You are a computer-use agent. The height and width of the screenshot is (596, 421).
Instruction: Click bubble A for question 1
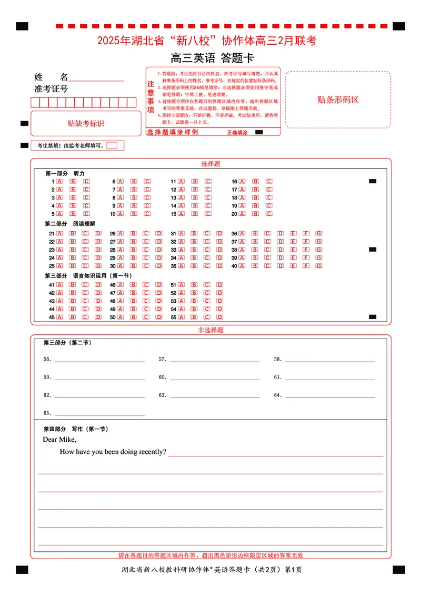point(59,181)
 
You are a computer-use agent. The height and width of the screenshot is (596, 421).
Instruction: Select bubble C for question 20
point(268,214)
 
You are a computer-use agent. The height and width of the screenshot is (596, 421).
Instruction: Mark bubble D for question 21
point(98,233)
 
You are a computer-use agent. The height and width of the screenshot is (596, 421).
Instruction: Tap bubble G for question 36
point(319,233)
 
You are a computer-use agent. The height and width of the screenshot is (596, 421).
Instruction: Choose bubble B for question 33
point(194,250)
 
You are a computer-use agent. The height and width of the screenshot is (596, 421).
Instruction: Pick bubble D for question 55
point(219,317)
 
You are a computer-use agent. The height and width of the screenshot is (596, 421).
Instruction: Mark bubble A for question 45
point(59,317)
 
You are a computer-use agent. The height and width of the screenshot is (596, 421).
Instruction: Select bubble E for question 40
point(293,266)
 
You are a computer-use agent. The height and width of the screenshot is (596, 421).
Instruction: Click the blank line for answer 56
point(99,361)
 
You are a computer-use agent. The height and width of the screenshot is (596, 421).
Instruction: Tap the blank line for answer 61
point(330,379)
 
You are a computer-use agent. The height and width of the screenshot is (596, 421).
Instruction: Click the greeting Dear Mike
point(59,440)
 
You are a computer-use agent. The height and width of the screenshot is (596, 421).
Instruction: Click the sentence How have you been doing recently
point(113,452)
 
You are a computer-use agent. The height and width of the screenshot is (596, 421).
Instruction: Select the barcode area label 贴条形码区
point(338,100)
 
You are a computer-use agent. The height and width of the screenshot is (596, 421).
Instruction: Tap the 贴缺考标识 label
point(86,123)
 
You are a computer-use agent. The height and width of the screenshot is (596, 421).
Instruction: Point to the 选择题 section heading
point(210,164)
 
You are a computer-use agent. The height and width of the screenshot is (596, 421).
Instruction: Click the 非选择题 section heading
point(210,330)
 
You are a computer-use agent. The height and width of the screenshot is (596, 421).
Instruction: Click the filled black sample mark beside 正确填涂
point(259,133)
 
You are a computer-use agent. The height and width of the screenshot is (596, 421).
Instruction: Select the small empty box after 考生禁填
point(112,145)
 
